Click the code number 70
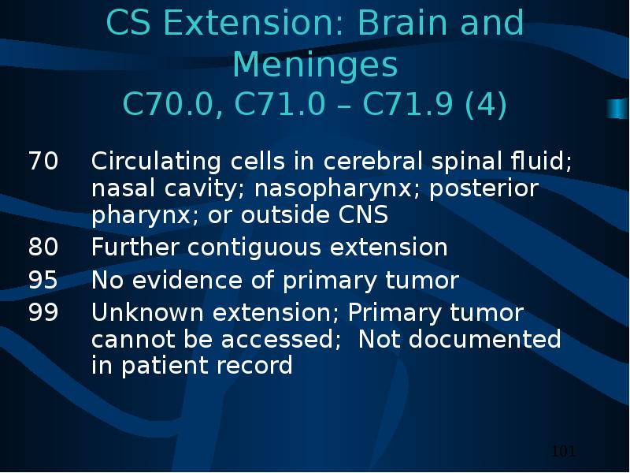tap(43, 161)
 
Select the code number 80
tap(43, 247)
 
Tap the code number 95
tap(43, 280)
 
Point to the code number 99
tap(43, 312)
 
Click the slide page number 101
tap(564, 451)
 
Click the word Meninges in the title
tap(315, 65)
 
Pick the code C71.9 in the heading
tap(408, 104)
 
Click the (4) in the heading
tap(485, 105)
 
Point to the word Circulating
tap(156, 162)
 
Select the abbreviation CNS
tap(363, 214)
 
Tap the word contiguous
tap(254, 248)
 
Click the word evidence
tap(187, 280)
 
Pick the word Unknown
tap(147, 312)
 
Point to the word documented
tap(485, 339)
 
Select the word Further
tap(135, 247)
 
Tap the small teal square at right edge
tap(617, 108)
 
